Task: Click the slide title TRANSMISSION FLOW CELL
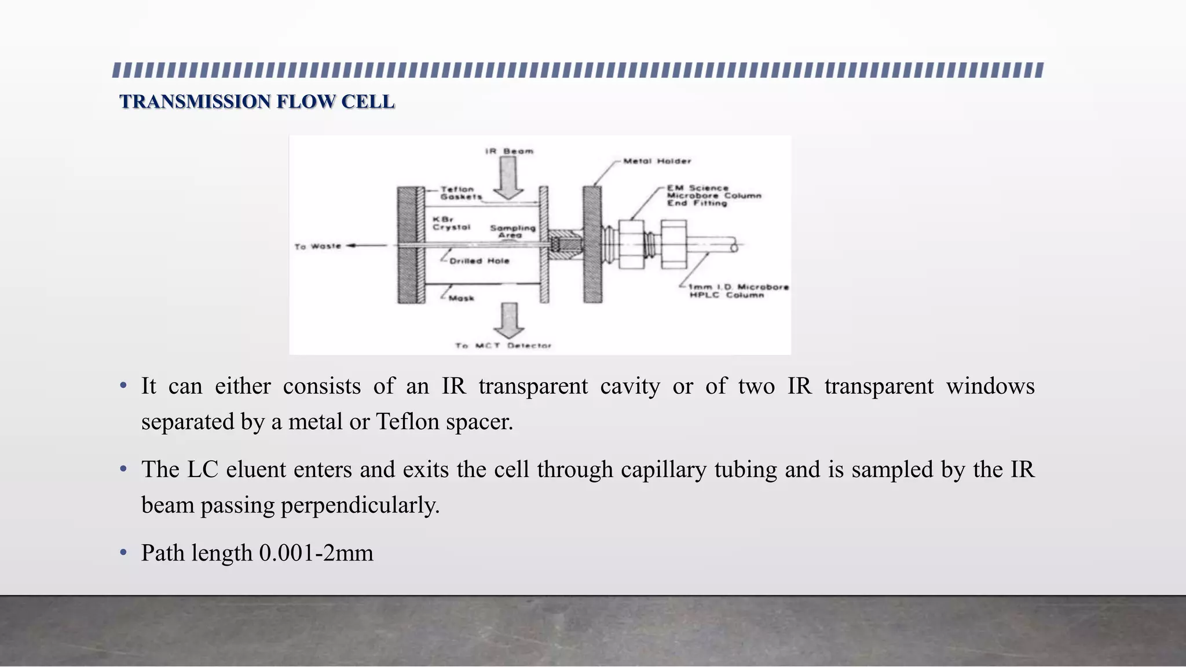coord(257,101)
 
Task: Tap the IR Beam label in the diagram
coord(509,151)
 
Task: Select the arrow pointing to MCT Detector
coord(509,320)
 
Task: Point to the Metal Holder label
coord(657,161)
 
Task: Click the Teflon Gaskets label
coord(460,193)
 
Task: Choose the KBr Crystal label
coord(451,223)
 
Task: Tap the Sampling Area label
coord(513,231)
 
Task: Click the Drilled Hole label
coord(479,261)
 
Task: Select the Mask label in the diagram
coord(462,298)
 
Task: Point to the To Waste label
coord(318,246)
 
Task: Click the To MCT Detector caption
coord(503,346)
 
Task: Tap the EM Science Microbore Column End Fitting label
coord(713,196)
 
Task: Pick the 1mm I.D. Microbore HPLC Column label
coord(738,291)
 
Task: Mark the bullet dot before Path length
coord(123,553)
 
